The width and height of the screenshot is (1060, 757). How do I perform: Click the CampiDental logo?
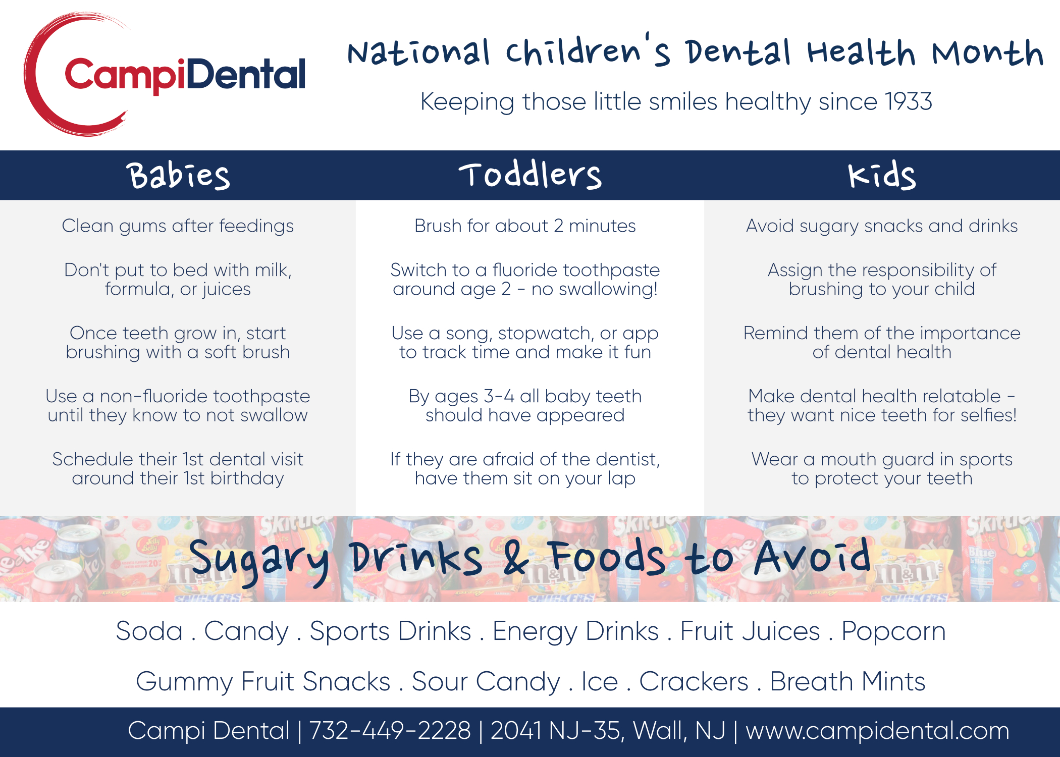pyautogui.click(x=165, y=75)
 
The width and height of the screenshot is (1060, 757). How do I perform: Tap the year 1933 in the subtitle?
pyautogui.click(x=909, y=102)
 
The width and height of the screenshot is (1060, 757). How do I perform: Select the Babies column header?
pyautogui.click(x=179, y=176)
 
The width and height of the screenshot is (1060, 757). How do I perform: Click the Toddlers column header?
pyautogui.click(x=530, y=175)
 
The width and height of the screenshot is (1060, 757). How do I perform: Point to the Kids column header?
pyautogui.click(x=881, y=175)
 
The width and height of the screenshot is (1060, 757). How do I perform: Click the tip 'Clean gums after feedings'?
pyautogui.click(x=178, y=226)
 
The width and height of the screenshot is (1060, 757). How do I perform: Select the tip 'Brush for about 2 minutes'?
pyautogui.click(x=525, y=226)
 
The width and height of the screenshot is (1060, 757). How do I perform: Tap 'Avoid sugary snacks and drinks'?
pyautogui.click(x=882, y=226)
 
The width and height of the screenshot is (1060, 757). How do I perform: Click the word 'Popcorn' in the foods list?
pyautogui.click(x=893, y=632)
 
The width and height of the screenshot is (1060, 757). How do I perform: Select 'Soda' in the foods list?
pyautogui.click(x=149, y=631)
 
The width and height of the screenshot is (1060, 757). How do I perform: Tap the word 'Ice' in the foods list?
pyautogui.click(x=600, y=681)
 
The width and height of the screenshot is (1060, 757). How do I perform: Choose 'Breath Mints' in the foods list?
pyautogui.click(x=847, y=681)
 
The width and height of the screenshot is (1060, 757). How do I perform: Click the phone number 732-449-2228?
pyautogui.click(x=390, y=730)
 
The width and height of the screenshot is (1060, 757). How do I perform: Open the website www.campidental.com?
pyautogui.click(x=877, y=731)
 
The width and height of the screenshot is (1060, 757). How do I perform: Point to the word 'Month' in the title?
pyautogui.click(x=987, y=52)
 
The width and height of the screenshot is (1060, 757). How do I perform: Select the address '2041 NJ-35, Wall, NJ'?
pyautogui.click(x=608, y=731)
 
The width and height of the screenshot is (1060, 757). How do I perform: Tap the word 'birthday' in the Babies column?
pyautogui.click(x=247, y=478)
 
